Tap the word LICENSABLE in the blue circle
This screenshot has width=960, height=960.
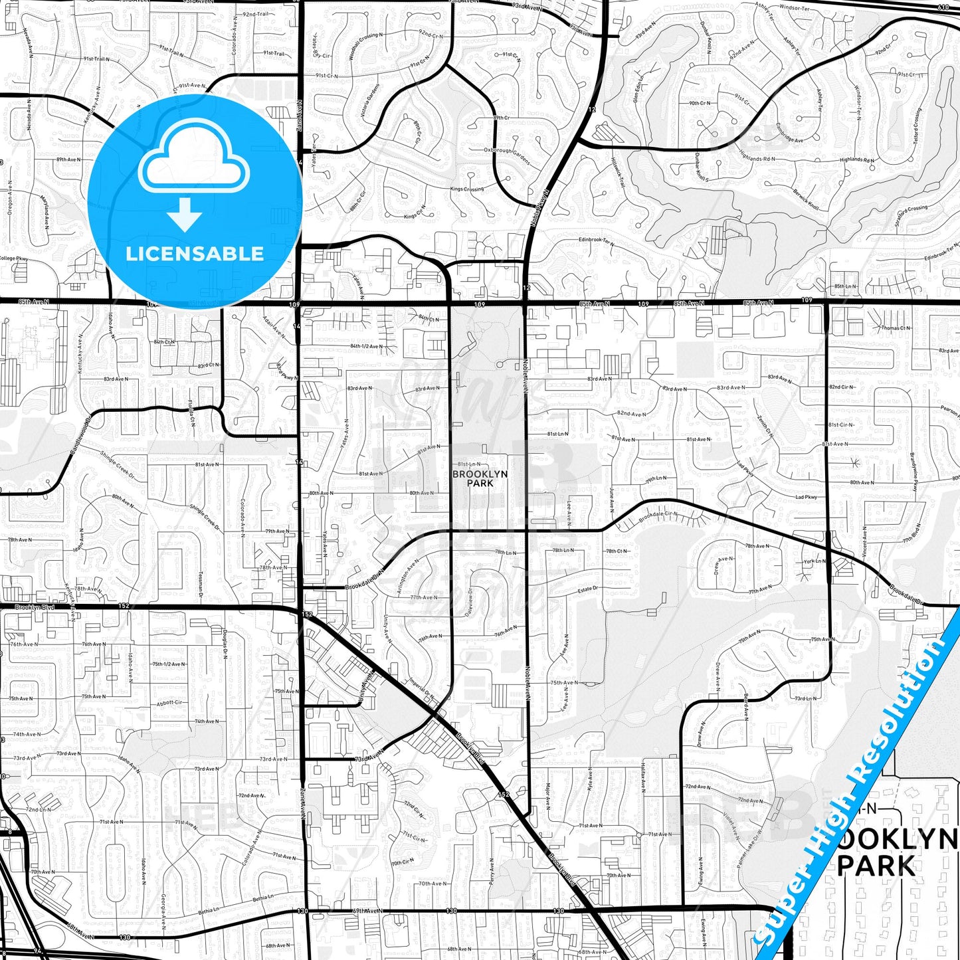click(x=195, y=254)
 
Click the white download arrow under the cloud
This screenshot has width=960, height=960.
click(x=185, y=215)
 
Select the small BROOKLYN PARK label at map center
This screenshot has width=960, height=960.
click(x=480, y=478)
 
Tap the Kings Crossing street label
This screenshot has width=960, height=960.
click(x=467, y=189)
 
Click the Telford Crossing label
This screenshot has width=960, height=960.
click(x=917, y=126)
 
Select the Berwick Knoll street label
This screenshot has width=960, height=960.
click(x=806, y=199)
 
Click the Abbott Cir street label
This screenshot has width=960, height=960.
click(x=169, y=702)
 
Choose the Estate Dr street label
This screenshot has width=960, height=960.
click(x=587, y=589)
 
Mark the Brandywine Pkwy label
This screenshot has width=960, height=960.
click(x=913, y=472)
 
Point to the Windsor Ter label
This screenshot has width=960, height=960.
click(x=794, y=7)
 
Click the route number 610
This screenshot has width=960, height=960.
click(x=944, y=7)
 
